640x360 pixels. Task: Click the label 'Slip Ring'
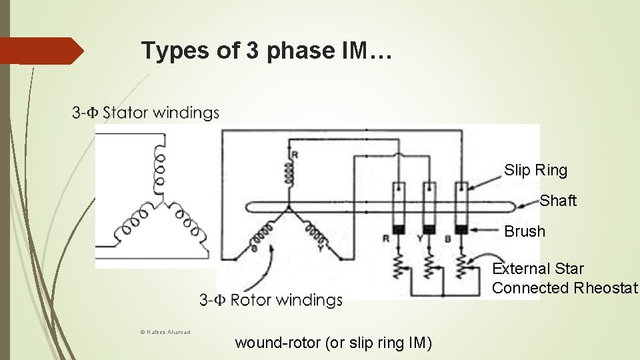pos(535,170)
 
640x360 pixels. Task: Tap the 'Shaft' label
pos(558,201)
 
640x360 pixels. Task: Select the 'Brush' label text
pos(525,231)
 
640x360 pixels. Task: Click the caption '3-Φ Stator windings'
pos(145,113)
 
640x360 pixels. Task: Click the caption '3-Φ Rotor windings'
pos(271,300)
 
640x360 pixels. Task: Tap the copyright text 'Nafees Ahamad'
pos(165,332)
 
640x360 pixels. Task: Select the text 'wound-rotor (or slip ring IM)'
pos(333,343)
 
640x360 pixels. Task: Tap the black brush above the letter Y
pos(429,229)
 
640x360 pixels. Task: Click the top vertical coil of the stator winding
pos(160,167)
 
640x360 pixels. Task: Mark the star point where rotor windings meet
pos(289,207)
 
